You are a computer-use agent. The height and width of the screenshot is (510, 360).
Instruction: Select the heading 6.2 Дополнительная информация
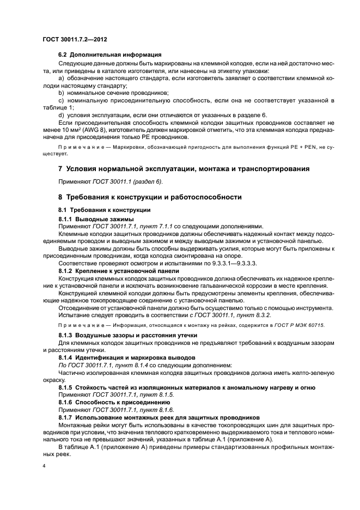[x=109, y=56]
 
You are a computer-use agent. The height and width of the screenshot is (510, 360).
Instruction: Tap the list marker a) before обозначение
[x=61, y=79]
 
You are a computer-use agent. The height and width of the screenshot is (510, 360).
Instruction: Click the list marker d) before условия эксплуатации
[x=61, y=116]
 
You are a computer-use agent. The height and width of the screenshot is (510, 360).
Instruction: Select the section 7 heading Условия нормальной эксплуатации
[x=184, y=169]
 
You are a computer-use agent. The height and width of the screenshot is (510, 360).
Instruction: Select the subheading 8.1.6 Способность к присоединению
[x=116, y=402]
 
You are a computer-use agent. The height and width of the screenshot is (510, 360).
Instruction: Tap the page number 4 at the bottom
[x=44, y=467]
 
